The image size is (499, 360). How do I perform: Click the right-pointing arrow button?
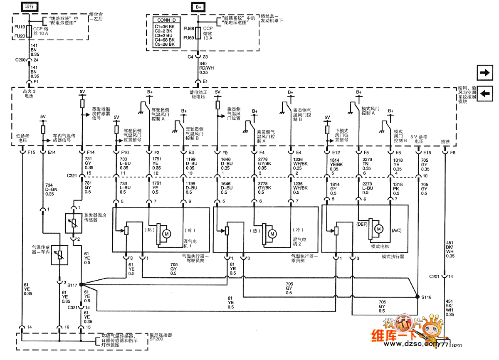[484, 73]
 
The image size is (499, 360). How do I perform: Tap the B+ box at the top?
[198, 7]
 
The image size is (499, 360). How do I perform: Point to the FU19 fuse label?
[20, 27]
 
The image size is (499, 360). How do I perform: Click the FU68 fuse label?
[189, 29]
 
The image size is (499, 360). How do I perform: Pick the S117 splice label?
[72, 285]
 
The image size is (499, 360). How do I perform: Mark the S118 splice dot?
[417, 297]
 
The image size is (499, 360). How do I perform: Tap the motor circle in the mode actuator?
[379, 228]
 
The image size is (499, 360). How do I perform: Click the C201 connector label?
[435, 276]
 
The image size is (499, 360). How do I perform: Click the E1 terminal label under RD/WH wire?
[205, 81]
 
